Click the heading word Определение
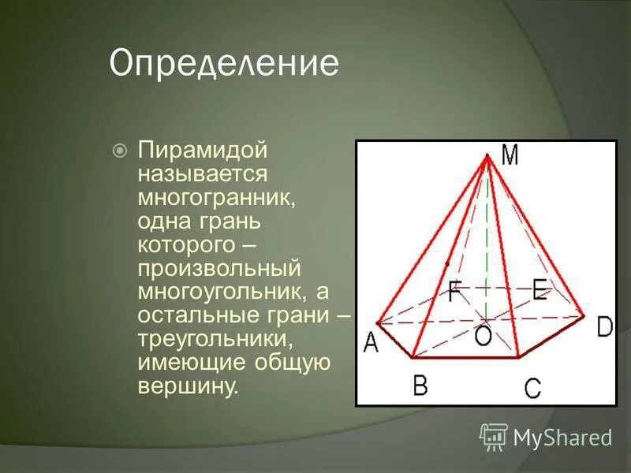click(224, 64)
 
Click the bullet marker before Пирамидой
click(120, 150)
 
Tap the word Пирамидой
click(203, 150)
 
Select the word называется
click(203, 173)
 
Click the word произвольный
click(219, 268)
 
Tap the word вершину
click(187, 387)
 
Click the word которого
click(186, 244)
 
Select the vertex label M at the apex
click(510, 157)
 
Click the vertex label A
click(371, 344)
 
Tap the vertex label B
click(420, 385)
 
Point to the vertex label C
click(532, 387)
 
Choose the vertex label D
click(604, 326)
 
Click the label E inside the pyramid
click(540, 290)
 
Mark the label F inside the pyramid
click(455, 292)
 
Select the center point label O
click(482, 336)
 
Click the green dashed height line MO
click(487, 236)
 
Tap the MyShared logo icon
click(494, 436)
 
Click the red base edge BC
click(465, 358)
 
